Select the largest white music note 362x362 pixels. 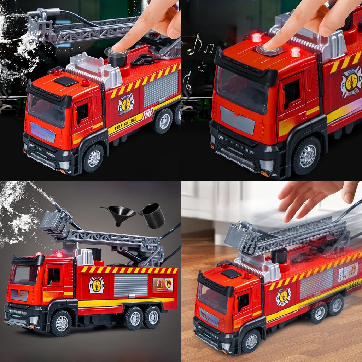click(194, 44)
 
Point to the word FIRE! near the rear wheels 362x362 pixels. click(148, 112)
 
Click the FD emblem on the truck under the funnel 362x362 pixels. click(96, 285)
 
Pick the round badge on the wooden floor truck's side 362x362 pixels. click(283, 297)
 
